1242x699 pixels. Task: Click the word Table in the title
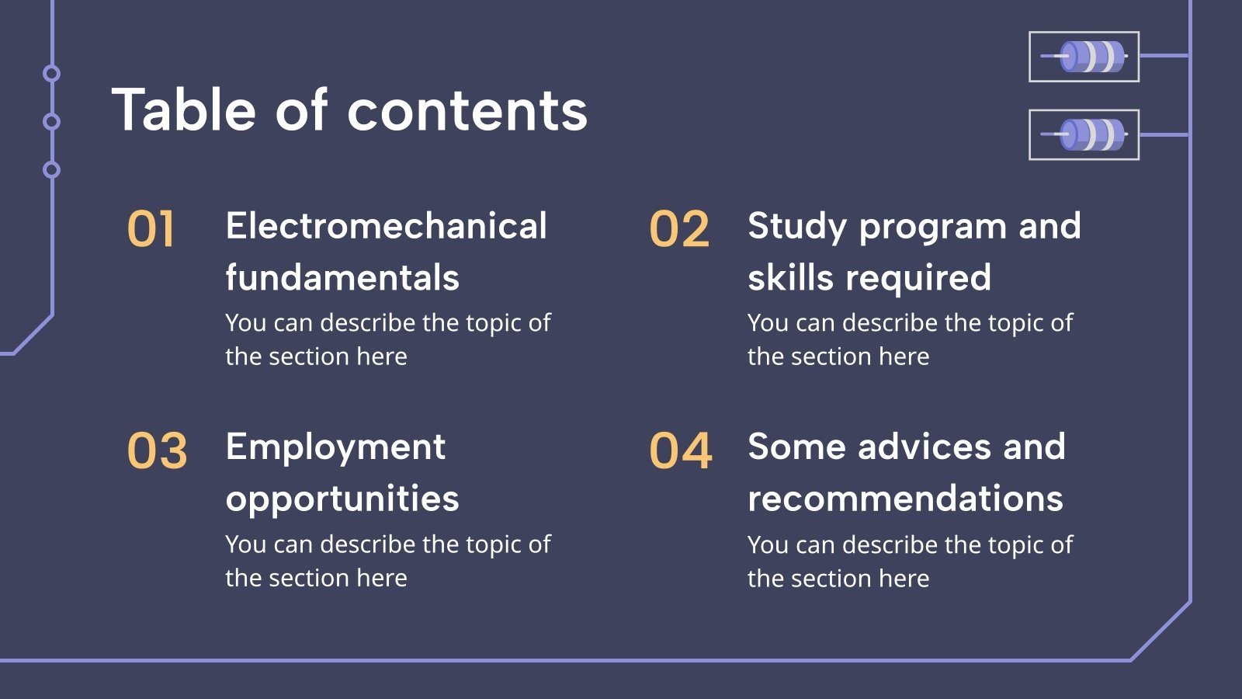pos(183,110)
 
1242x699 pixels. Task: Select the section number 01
pos(151,228)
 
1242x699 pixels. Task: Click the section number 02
pos(679,228)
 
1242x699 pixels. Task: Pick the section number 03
pos(157,450)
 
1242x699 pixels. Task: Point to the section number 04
pos(680,450)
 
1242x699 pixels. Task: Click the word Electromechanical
pos(386,226)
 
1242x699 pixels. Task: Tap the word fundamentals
pos(342,276)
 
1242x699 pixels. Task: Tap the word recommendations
pos(905,498)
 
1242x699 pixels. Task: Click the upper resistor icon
pos(1084,57)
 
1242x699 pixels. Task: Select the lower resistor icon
pos(1084,135)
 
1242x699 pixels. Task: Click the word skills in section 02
pos(790,276)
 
